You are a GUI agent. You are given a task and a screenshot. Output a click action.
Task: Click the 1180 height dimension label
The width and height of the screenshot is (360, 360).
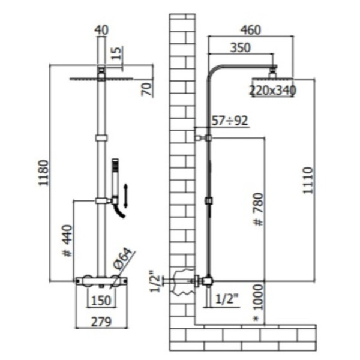pyautogui.click(x=44, y=173)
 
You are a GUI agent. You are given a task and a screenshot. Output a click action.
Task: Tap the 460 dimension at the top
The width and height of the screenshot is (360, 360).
pyautogui.click(x=251, y=30)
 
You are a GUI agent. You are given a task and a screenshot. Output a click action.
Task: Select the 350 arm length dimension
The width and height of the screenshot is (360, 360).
pyautogui.click(x=241, y=48)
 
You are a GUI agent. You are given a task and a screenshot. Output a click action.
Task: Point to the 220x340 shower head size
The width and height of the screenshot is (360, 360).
pyautogui.click(x=272, y=90)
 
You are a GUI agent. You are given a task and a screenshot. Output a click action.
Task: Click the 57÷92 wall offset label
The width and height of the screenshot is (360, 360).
pyautogui.click(x=230, y=121)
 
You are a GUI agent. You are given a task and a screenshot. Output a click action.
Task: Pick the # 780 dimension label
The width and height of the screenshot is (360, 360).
pyautogui.click(x=259, y=209)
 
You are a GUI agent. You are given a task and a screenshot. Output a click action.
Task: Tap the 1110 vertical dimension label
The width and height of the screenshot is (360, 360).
pyautogui.click(x=308, y=181)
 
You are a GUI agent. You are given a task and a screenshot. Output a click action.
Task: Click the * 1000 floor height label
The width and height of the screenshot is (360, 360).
pyautogui.click(x=259, y=302)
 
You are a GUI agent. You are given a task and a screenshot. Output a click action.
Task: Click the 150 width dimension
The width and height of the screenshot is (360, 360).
pyautogui.click(x=101, y=301)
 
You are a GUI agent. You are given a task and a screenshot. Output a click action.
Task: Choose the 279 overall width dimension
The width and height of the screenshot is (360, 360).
pyautogui.click(x=101, y=322)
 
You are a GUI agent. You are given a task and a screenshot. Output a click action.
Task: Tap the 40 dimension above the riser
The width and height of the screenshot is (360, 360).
pyautogui.click(x=101, y=30)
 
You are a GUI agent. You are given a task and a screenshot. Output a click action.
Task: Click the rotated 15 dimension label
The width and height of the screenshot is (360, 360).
pyautogui.click(x=117, y=53)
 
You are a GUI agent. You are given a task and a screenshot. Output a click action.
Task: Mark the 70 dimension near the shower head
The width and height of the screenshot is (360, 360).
pyautogui.click(x=148, y=89)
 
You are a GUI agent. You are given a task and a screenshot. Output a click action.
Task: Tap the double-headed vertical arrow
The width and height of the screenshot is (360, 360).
pyautogui.click(x=126, y=196)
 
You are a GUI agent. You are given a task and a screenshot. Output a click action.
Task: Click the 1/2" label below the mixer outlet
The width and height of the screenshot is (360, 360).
pyautogui.click(x=227, y=299)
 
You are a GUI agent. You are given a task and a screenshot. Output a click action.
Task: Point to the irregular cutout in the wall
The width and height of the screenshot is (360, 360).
pyautogui.click(x=183, y=282)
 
